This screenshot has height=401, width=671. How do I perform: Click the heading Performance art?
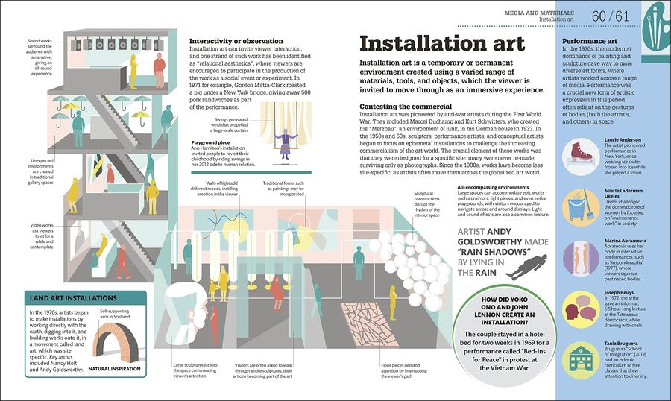(x=589, y=41)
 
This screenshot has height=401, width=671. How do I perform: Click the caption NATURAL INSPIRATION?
(x=114, y=369)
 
